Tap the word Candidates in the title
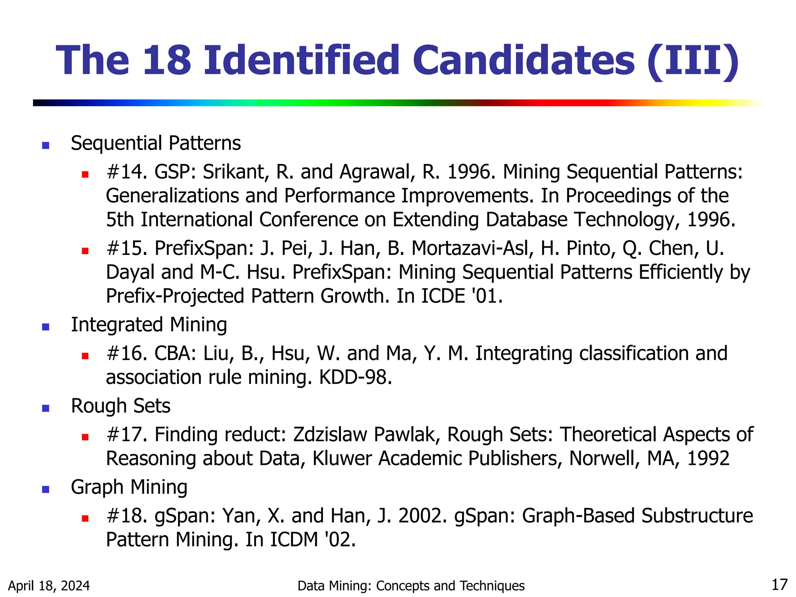(x=523, y=60)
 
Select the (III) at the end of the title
(x=693, y=61)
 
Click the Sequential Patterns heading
(x=155, y=143)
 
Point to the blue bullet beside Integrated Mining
(x=46, y=327)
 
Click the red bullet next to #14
(x=86, y=174)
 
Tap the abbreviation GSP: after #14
(x=175, y=172)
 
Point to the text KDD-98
(x=355, y=377)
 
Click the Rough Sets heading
(x=120, y=406)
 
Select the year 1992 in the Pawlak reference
(x=708, y=459)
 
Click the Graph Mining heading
(x=129, y=487)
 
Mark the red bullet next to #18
(x=86, y=518)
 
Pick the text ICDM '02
(x=312, y=540)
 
